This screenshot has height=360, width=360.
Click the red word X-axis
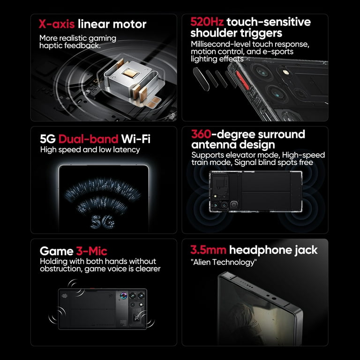tap(57, 24)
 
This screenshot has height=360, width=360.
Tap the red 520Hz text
tap(207, 22)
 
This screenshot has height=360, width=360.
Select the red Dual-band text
tap(89, 139)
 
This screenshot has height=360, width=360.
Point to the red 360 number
tap(201, 134)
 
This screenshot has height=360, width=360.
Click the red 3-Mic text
tap(91, 251)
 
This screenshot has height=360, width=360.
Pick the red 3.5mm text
tap(208, 250)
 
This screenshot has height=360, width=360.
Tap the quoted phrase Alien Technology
tap(224, 262)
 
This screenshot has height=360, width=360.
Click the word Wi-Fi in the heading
tap(135, 139)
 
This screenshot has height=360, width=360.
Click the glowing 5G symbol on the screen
tap(103, 222)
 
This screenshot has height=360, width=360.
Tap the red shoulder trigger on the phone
tap(242, 80)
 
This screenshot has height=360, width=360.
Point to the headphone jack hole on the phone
tap(274, 299)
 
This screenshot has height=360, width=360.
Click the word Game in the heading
tap(56, 251)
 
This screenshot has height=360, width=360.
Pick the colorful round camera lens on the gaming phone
tap(124, 296)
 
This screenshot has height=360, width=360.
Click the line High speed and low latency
tap(90, 150)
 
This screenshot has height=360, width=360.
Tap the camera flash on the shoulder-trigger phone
tap(285, 72)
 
